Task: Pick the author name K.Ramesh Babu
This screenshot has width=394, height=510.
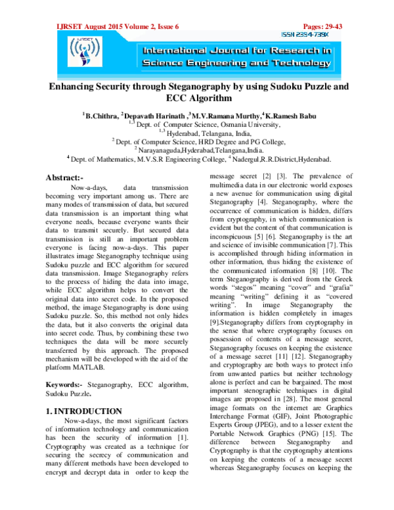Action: [x=294, y=116]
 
